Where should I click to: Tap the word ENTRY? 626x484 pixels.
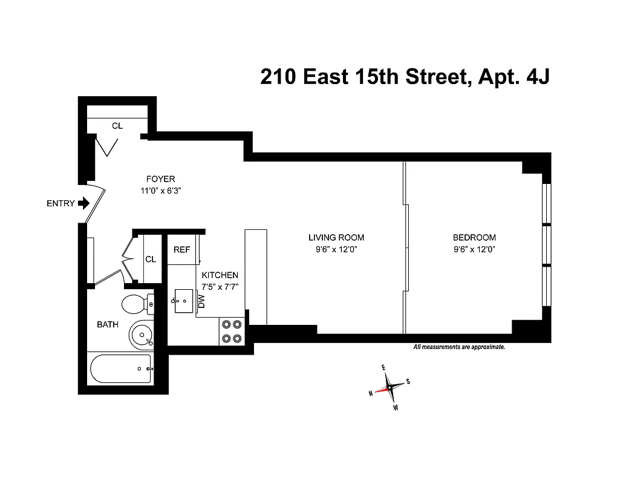(x=60, y=203)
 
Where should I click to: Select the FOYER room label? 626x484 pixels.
(x=160, y=179)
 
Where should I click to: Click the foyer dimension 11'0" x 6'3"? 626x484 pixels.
(x=160, y=190)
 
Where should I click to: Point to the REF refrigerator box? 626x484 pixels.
(x=182, y=250)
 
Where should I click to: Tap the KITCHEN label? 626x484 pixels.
(x=220, y=275)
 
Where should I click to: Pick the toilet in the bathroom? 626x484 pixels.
(x=136, y=303)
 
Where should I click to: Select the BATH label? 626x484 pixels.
(x=108, y=325)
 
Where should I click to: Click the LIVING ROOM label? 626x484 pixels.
(x=336, y=238)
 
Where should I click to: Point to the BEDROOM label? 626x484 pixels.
(x=474, y=238)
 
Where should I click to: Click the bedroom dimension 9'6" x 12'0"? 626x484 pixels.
(x=474, y=249)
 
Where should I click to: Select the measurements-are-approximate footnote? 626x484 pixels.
(x=459, y=347)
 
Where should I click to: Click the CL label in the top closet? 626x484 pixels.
(x=117, y=126)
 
